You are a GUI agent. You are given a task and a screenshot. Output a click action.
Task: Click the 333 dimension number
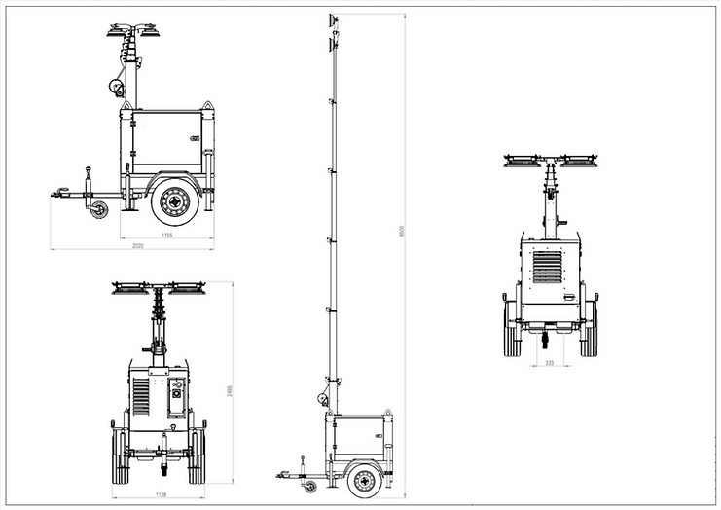[x=551, y=363]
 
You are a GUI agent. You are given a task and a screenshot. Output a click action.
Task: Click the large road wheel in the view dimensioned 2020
[x=175, y=201]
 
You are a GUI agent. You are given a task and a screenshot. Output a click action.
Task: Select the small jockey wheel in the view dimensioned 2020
[x=99, y=209]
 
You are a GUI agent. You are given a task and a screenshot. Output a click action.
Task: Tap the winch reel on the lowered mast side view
[x=117, y=88]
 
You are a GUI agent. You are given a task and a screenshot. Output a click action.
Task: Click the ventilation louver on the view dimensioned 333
[x=548, y=267]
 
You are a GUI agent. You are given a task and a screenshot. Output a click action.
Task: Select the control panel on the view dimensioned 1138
[x=177, y=396]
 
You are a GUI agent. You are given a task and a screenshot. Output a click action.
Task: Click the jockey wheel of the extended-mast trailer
[x=310, y=486]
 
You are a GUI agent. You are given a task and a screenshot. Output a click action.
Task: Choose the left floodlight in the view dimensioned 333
[x=523, y=161]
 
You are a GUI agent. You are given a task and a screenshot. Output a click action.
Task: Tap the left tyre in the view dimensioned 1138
[x=120, y=455]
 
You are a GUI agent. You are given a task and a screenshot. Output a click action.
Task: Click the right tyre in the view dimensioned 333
[x=589, y=328]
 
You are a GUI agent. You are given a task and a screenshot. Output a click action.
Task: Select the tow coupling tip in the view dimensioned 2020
[x=54, y=194]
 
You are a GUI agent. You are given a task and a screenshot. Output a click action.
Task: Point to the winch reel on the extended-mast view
[x=323, y=397]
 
